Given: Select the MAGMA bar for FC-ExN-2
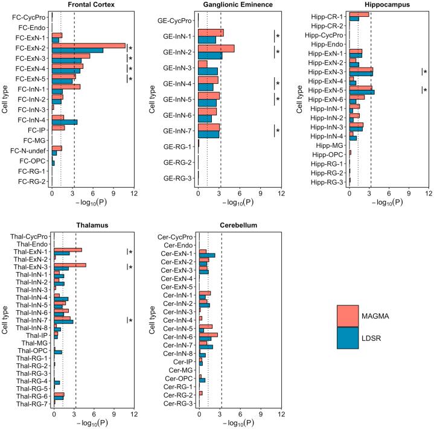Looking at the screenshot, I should [x=89, y=45].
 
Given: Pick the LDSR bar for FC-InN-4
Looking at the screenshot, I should [x=65, y=122].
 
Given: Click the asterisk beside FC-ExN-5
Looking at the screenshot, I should [x=130, y=79].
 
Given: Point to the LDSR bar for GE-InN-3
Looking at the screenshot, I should [x=208, y=72].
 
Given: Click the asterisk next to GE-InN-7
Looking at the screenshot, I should [x=278, y=130].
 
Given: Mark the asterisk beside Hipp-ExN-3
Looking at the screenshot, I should [x=425, y=73].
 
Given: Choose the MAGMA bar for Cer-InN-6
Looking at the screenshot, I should [x=208, y=334].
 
